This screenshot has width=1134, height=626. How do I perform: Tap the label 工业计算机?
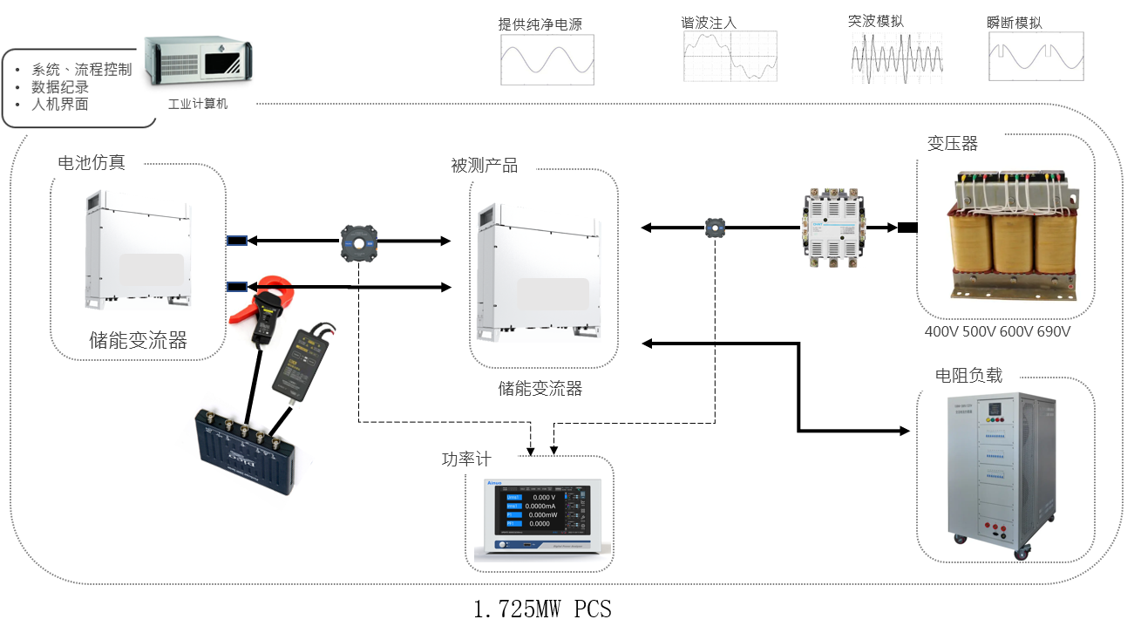pyautogui.click(x=197, y=104)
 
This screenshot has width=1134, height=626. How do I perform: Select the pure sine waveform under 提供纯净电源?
pyautogui.click(x=547, y=60)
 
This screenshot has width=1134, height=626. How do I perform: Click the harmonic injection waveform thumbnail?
pyautogui.click(x=729, y=58)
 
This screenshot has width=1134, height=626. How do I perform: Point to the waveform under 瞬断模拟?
pyautogui.click(x=1036, y=58)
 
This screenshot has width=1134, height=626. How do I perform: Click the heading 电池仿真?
pyautogui.click(x=91, y=162)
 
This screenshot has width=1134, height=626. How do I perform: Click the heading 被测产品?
pyautogui.click(x=484, y=166)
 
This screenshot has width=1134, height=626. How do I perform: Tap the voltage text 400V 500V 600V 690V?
pyautogui.click(x=997, y=332)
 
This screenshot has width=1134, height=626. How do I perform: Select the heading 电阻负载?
pyautogui.click(x=968, y=376)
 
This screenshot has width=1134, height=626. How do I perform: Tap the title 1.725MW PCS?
pyautogui.click(x=542, y=609)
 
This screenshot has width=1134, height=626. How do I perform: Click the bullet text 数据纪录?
pyautogui.click(x=60, y=87)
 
